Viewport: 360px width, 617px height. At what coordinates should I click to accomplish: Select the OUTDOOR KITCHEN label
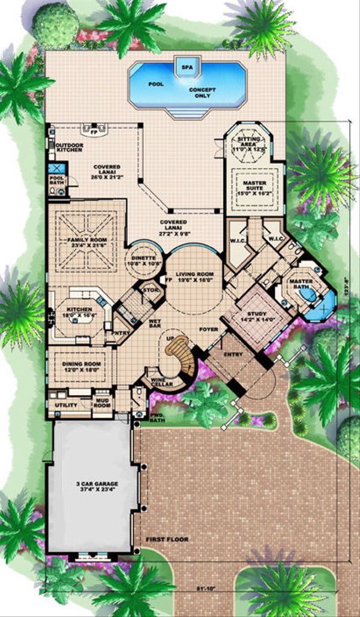coord(69,148)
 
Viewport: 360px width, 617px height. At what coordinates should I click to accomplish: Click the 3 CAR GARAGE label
coord(93,486)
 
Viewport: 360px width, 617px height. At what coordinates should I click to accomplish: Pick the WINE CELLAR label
coord(159,382)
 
